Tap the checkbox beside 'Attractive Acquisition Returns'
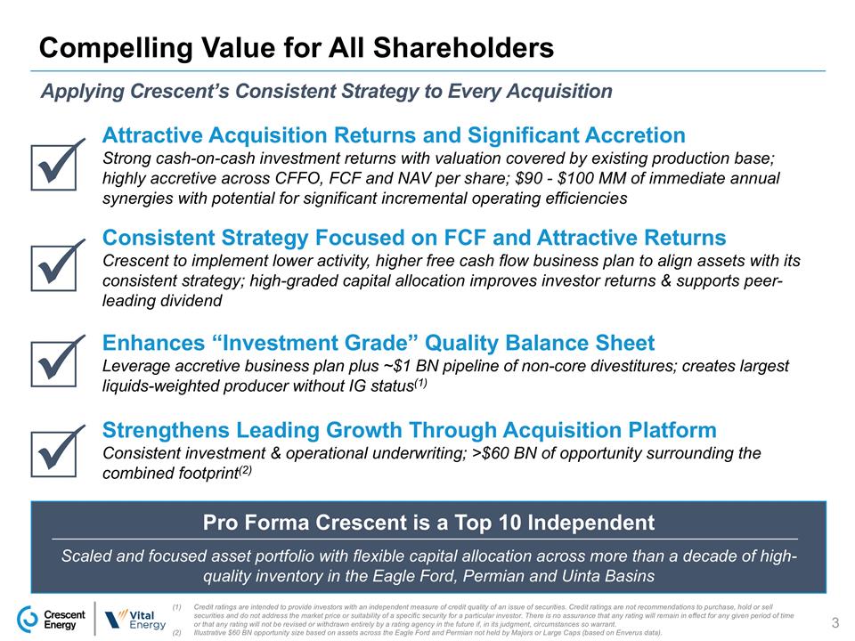pyautogui.click(x=59, y=166)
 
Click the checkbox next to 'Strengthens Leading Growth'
pyautogui.click(x=59, y=452)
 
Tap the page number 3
pyautogui.click(x=835, y=621)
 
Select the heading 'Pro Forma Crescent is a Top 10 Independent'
pyautogui.click(x=428, y=522)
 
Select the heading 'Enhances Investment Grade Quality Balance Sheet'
pyautogui.click(x=379, y=344)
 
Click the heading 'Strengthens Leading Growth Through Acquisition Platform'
pyautogui.click(x=410, y=431)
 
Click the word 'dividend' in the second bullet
pyautogui.click(x=162, y=301)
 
